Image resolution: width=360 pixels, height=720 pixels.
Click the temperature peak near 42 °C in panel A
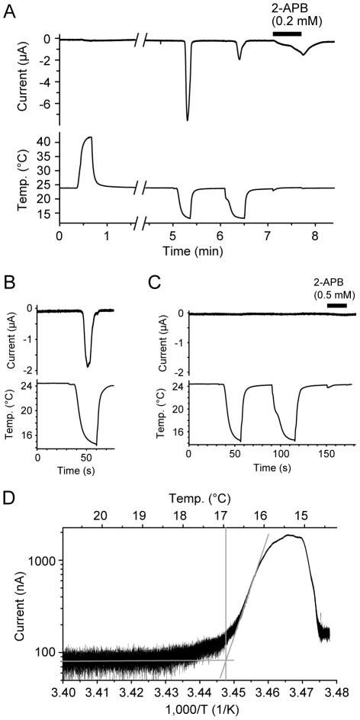tap(89, 137)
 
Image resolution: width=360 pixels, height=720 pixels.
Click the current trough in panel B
tap(88, 367)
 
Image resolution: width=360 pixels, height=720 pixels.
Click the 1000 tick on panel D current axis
tap(44, 561)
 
